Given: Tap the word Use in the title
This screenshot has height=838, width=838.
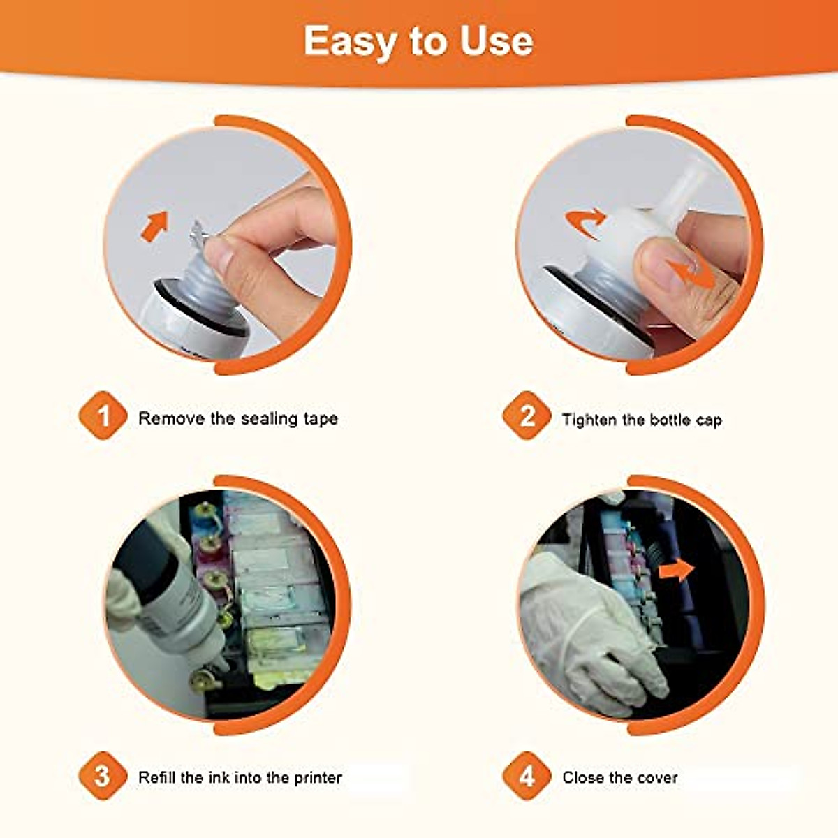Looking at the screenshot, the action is [x=497, y=41].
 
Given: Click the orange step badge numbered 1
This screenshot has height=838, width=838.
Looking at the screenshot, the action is [x=103, y=416].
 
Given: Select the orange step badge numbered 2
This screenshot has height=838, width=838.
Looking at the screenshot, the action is [x=527, y=416].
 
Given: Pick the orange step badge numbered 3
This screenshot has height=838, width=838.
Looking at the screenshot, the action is [x=103, y=777].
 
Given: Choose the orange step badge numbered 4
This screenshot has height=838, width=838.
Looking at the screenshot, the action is [x=527, y=777].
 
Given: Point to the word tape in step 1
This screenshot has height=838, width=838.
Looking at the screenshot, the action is [x=321, y=420].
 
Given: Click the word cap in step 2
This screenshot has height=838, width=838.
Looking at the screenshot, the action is [x=708, y=421].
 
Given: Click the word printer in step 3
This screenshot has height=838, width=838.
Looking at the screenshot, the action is [x=318, y=777].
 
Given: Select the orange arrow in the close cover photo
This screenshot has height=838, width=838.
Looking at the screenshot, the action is [x=677, y=570].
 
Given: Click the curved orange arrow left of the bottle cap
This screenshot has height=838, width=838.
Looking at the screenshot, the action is [x=585, y=223].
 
